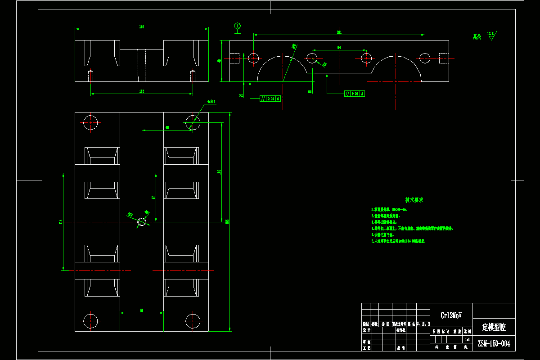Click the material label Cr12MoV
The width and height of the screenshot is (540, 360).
coord(451,315)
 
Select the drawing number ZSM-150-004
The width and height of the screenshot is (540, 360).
coord(494,344)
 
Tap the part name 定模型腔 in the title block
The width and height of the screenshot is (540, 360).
coord(494,327)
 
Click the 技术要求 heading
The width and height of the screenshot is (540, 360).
coord(414,200)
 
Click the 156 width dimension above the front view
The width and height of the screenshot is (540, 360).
coord(142,27)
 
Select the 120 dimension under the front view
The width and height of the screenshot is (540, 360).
coord(142,92)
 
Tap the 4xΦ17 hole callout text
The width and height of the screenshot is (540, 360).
coord(211,102)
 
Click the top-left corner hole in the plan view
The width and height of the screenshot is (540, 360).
coord(90,122)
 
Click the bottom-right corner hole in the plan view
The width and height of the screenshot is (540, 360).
coord(193,321)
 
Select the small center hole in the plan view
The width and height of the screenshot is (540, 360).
coord(142,221)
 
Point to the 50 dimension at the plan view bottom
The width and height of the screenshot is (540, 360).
coord(142,310)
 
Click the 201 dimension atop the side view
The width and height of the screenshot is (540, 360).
coord(339,32)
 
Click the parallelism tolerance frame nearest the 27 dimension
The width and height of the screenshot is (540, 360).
coord(270,98)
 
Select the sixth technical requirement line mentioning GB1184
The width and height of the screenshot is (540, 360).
coord(398,241)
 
